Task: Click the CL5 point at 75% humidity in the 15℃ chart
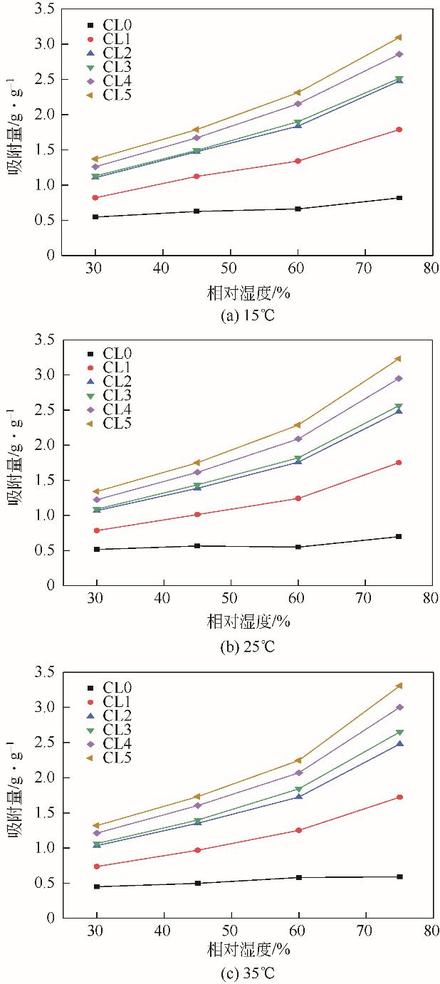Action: (x=399, y=37)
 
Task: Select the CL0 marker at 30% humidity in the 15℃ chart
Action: (x=95, y=216)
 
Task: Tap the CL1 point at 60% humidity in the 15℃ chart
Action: (x=298, y=161)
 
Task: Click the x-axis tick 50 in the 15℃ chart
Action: (x=230, y=269)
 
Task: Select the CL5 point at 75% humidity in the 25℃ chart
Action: (x=399, y=359)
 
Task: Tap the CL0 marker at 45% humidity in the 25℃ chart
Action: (x=197, y=546)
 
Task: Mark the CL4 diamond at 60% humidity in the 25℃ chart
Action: (x=298, y=439)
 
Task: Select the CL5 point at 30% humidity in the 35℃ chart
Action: (x=95, y=826)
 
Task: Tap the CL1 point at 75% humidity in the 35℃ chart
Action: (x=399, y=797)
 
